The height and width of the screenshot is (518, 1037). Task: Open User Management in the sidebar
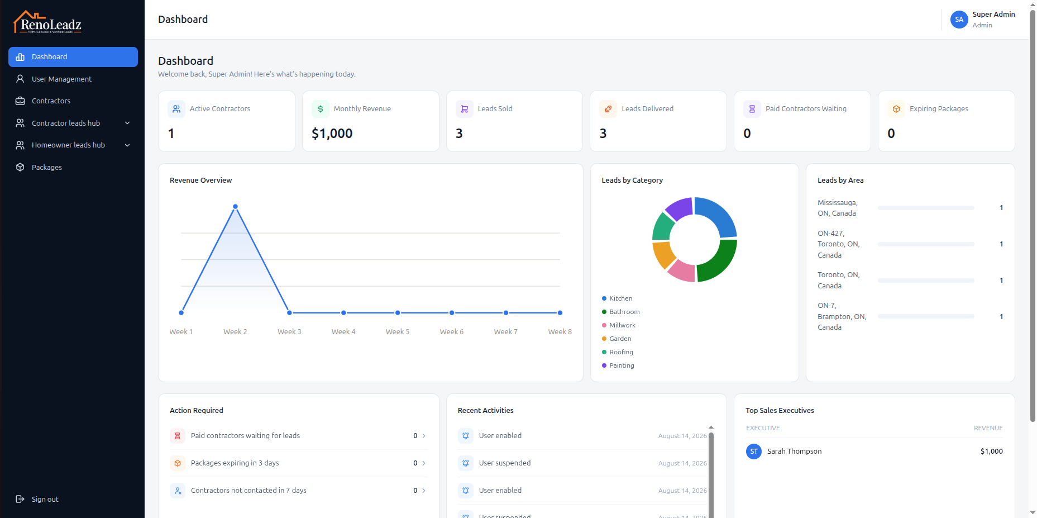[x=61, y=79]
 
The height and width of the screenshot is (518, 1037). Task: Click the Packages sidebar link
[x=47, y=167]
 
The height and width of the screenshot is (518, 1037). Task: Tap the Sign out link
[x=45, y=499]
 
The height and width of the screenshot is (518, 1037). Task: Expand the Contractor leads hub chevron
[x=127, y=123]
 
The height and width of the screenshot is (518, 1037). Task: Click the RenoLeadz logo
[x=48, y=22]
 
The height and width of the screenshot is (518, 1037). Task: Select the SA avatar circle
[x=959, y=20]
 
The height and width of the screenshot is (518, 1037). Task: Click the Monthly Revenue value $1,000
[x=332, y=134]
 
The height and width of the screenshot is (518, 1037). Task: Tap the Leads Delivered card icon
[x=608, y=109]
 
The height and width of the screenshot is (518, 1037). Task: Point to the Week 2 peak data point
[x=235, y=207]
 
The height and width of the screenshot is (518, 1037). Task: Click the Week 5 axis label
[x=398, y=332]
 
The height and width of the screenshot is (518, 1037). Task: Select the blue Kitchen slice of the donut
[x=717, y=216]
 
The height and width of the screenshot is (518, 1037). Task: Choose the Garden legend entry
[x=617, y=339]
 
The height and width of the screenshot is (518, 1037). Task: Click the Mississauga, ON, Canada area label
[x=838, y=208]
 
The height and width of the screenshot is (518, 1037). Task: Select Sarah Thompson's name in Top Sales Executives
[x=794, y=452]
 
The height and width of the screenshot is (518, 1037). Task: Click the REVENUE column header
[x=988, y=428]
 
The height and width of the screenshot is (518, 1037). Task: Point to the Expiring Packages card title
[x=939, y=109]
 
